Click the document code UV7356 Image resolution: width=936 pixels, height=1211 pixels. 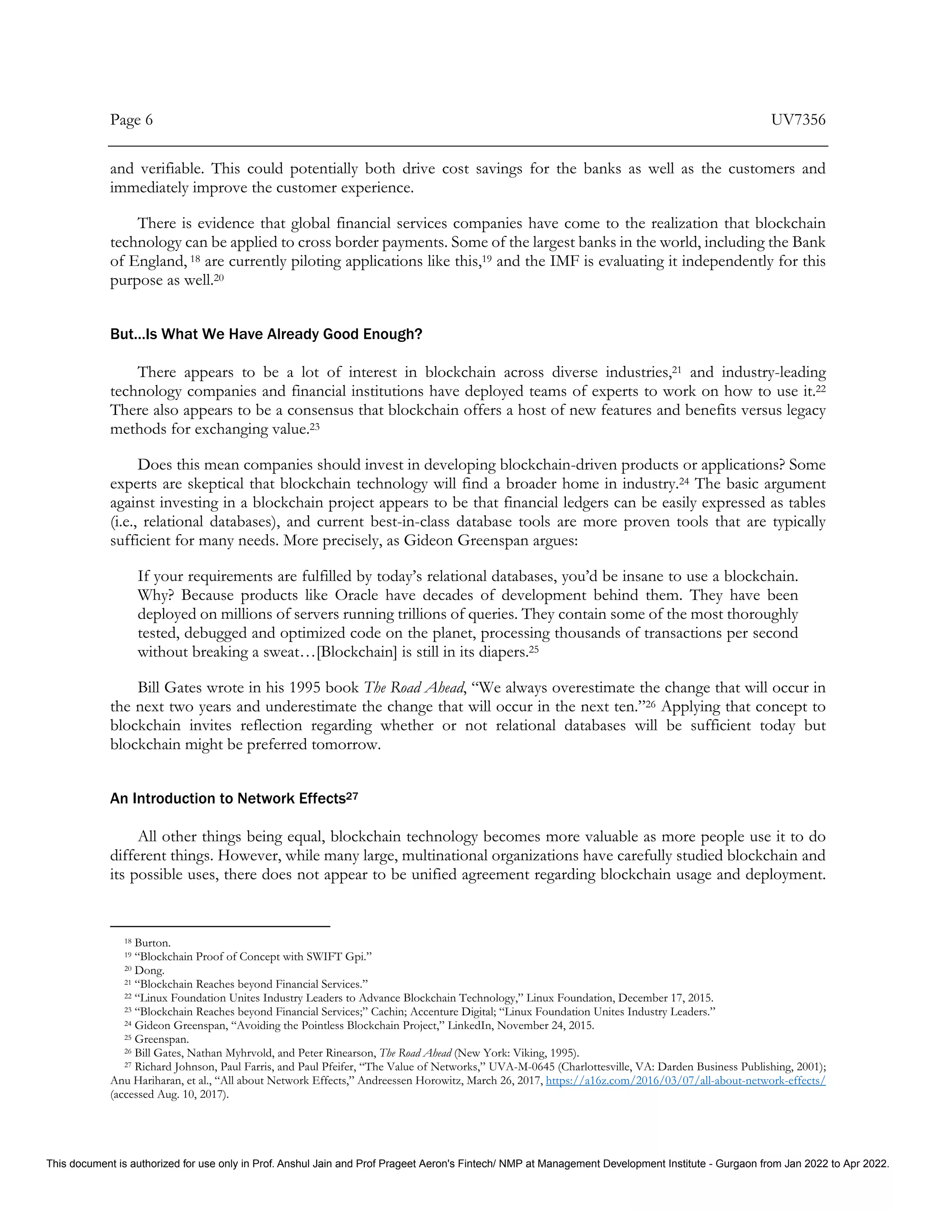tap(798, 120)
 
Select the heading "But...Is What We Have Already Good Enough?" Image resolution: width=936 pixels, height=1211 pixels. tap(266, 335)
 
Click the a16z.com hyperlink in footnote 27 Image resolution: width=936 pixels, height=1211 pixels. tap(686, 1081)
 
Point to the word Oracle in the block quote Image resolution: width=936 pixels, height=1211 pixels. tap(356, 595)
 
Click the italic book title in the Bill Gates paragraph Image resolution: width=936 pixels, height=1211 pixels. tap(413, 688)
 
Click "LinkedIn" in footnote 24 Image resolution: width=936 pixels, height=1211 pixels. tap(469, 1026)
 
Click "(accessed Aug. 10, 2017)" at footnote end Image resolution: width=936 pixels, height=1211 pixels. tap(170, 1094)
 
